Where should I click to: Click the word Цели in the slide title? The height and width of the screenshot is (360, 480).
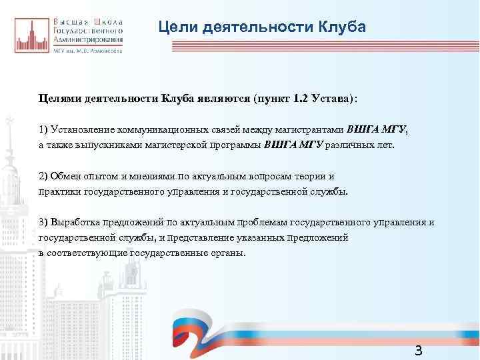[175, 27]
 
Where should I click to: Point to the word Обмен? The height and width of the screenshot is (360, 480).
[67, 176]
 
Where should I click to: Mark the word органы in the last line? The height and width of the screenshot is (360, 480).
[228, 254]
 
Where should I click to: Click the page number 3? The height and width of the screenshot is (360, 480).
[418, 351]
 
